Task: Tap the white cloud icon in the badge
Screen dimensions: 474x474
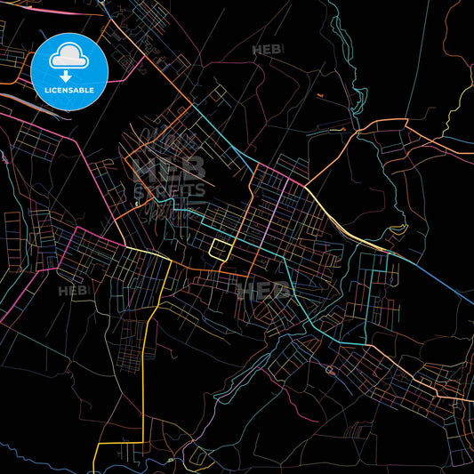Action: coord(69,57)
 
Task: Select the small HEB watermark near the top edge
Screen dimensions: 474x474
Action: coord(267,51)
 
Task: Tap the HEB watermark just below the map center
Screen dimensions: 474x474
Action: coord(263,290)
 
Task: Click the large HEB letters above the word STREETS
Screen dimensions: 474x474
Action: coord(169,165)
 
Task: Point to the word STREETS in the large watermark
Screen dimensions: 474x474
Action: coord(169,189)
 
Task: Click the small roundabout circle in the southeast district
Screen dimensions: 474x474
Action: coord(330,369)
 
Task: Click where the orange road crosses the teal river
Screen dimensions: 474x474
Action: coord(358,132)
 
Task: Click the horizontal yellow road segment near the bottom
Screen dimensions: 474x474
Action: coord(120,442)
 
